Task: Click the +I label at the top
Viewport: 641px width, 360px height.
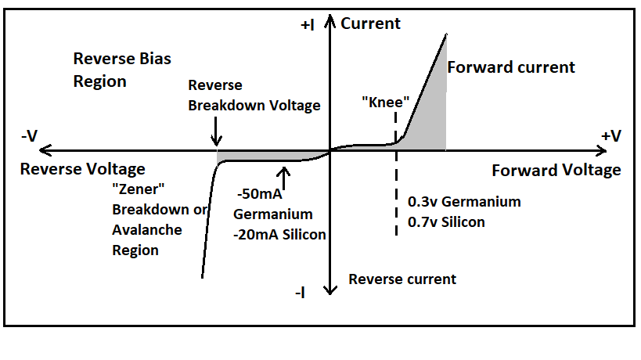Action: (307, 25)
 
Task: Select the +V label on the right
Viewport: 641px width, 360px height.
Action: (611, 136)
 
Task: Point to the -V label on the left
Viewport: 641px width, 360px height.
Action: (29, 136)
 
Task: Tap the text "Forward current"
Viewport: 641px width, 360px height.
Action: (511, 67)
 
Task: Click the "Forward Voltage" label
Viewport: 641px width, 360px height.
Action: (556, 170)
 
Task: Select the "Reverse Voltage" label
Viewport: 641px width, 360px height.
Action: (82, 169)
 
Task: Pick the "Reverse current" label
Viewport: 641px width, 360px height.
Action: (402, 279)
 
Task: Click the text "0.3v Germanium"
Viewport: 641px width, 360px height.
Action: (464, 202)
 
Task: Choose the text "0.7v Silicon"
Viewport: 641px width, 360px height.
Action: (446, 221)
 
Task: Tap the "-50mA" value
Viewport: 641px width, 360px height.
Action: (259, 196)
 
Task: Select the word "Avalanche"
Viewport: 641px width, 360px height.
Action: (147, 230)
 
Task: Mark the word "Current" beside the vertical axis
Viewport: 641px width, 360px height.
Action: (370, 23)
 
